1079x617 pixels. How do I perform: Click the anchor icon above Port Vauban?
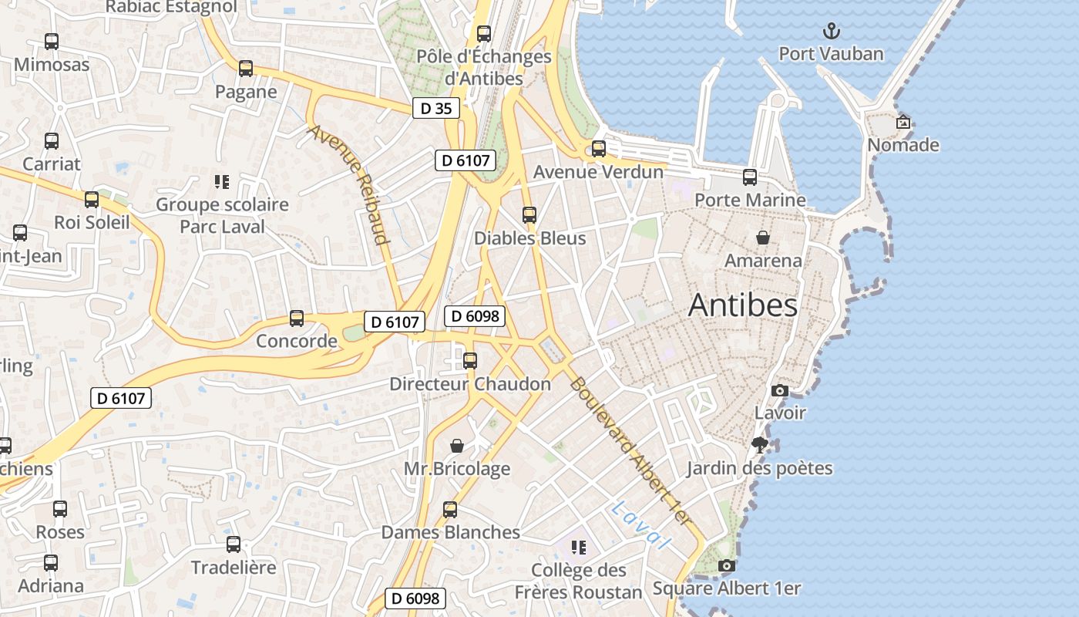click(831, 32)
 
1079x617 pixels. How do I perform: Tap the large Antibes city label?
click(743, 305)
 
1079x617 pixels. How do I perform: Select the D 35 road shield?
click(436, 109)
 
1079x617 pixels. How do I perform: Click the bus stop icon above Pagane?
click(246, 69)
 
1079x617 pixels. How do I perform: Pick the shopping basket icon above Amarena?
click(763, 238)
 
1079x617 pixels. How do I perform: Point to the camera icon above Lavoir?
click(780, 390)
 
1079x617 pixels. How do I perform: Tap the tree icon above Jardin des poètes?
click(760, 444)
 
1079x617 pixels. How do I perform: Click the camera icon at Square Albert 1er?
click(726, 566)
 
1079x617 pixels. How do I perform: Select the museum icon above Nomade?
click(903, 122)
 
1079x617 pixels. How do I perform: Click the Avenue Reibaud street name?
click(348, 184)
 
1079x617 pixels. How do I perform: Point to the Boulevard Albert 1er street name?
click(628, 452)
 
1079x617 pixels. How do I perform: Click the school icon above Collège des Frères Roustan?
click(579, 548)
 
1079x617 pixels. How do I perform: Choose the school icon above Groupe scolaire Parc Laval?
click(222, 182)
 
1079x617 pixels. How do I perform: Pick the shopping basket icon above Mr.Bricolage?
click(457, 446)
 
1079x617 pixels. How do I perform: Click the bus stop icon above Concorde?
click(297, 318)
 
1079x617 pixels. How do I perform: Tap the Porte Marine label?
click(750, 201)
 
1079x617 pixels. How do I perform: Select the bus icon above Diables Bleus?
click(529, 215)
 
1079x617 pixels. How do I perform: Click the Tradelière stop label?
click(234, 568)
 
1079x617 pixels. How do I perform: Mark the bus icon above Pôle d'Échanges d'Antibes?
click(484, 34)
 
